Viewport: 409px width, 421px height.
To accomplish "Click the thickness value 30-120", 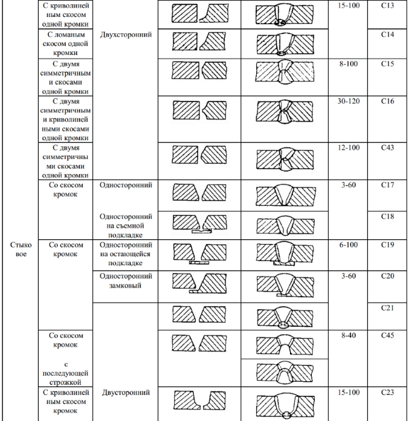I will pyautogui.click(x=348, y=101).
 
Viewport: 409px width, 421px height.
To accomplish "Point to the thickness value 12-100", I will pyautogui.click(x=348, y=148).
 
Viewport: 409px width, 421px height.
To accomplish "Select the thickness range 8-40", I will pyautogui.click(x=348, y=334).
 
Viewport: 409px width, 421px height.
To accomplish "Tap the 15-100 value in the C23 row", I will pyautogui.click(x=348, y=393).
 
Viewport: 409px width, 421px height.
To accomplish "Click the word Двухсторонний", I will pyautogui.click(x=126, y=35).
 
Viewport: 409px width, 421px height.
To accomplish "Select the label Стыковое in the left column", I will pyautogui.click(x=21, y=251).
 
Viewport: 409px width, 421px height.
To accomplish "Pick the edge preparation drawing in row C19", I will pyautogui.click(x=197, y=253).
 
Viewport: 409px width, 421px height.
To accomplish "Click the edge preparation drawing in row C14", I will pyautogui.click(x=197, y=43).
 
